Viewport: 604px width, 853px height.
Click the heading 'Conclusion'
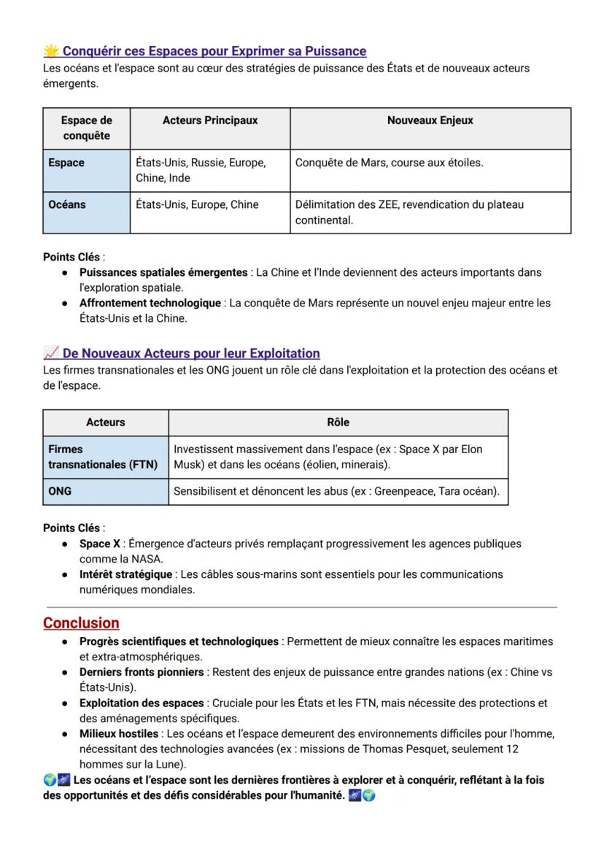pyautogui.click(x=81, y=623)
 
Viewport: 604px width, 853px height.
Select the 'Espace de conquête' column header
pyautogui.click(x=86, y=128)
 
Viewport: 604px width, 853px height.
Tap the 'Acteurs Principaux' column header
pyautogui.click(x=210, y=121)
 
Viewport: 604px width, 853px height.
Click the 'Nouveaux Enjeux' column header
pyautogui.click(x=430, y=121)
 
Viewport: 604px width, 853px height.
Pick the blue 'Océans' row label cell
pyautogui.click(x=86, y=212)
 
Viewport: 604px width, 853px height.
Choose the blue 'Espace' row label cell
pyautogui.click(x=86, y=171)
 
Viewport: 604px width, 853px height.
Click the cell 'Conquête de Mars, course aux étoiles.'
pyautogui.click(x=389, y=163)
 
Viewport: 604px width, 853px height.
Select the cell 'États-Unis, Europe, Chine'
pyautogui.click(x=197, y=205)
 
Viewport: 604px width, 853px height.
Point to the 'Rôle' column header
pyautogui.click(x=338, y=422)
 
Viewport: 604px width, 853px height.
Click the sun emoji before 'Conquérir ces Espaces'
pyautogui.click(x=51, y=51)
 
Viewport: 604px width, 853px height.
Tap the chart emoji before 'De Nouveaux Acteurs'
pyautogui.click(x=51, y=353)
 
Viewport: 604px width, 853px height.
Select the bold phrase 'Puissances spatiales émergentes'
pyautogui.click(x=163, y=272)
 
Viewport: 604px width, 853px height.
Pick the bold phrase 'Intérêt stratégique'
pyautogui.click(x=125, y=574)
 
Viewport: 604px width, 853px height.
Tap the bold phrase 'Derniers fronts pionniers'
pyautogui.click(x=142, y=672)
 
